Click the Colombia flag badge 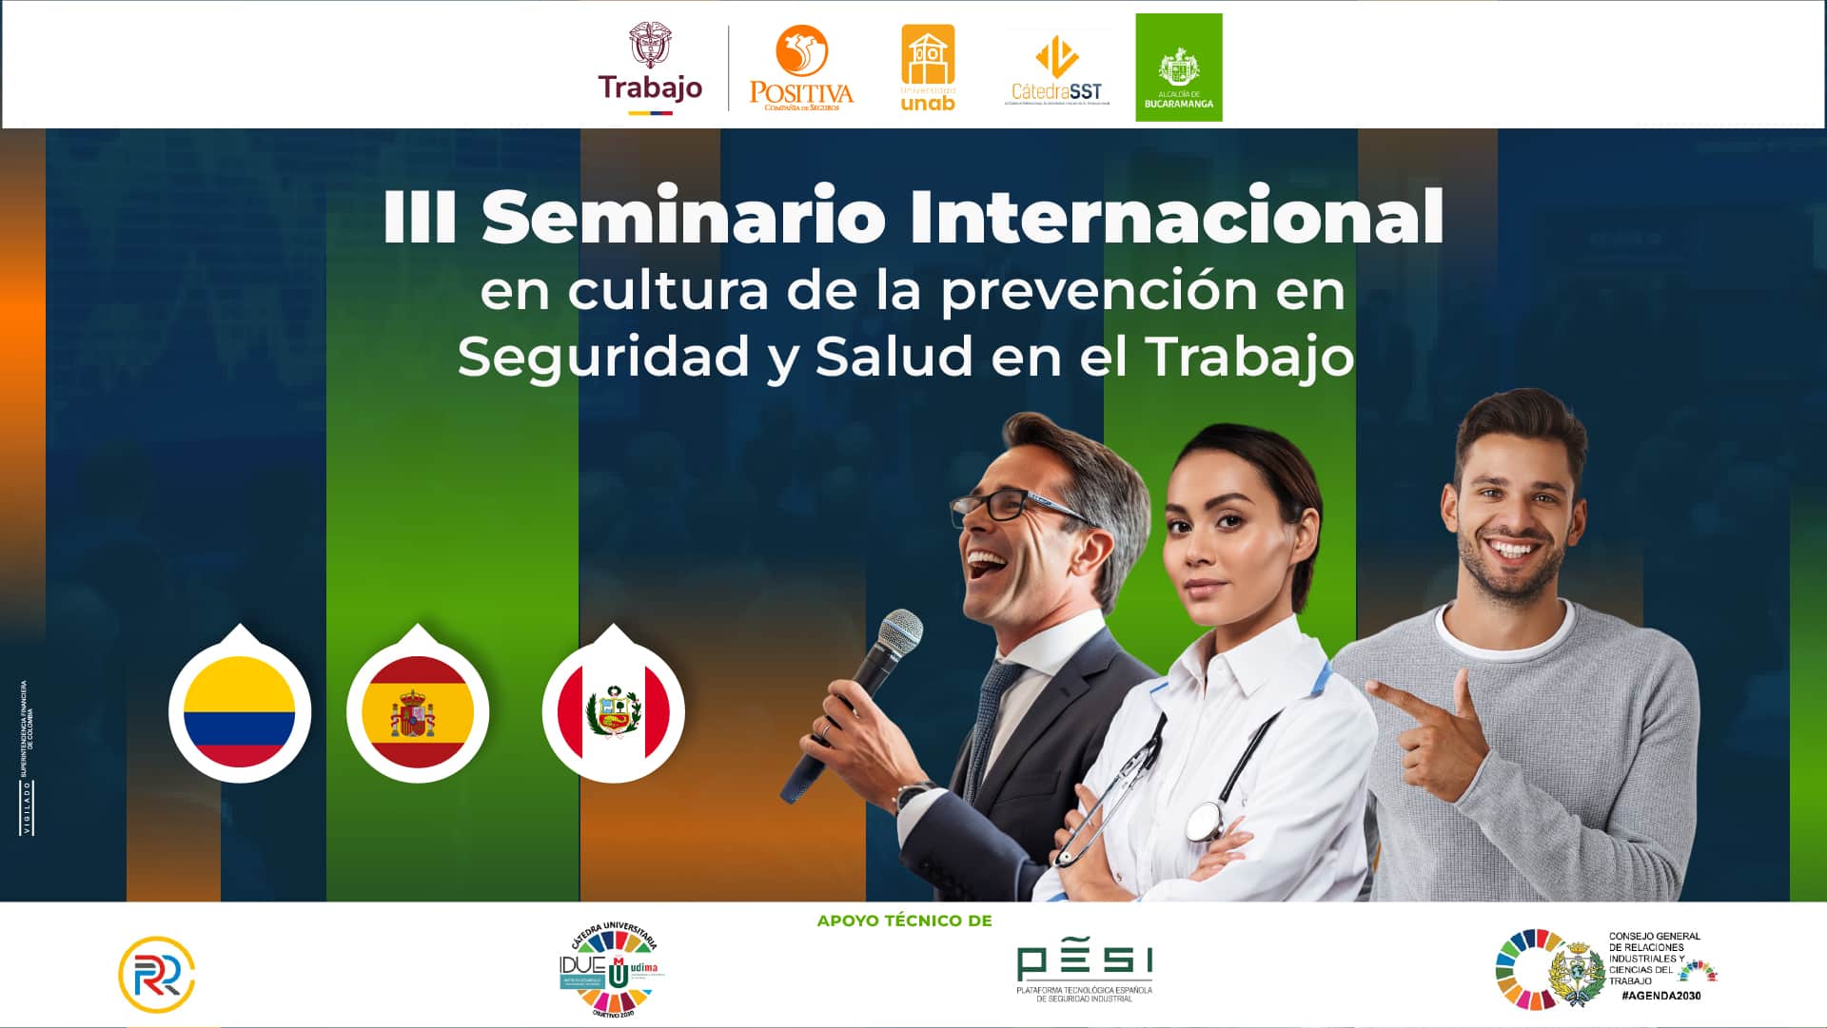240,711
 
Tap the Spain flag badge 418,711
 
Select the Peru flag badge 614,711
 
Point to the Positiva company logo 801,68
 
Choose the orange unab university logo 928,68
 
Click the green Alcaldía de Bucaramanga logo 1178,68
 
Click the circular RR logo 157,975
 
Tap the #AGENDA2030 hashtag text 1660,996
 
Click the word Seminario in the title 683,217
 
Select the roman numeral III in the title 420,217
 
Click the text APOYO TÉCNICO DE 904,921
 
